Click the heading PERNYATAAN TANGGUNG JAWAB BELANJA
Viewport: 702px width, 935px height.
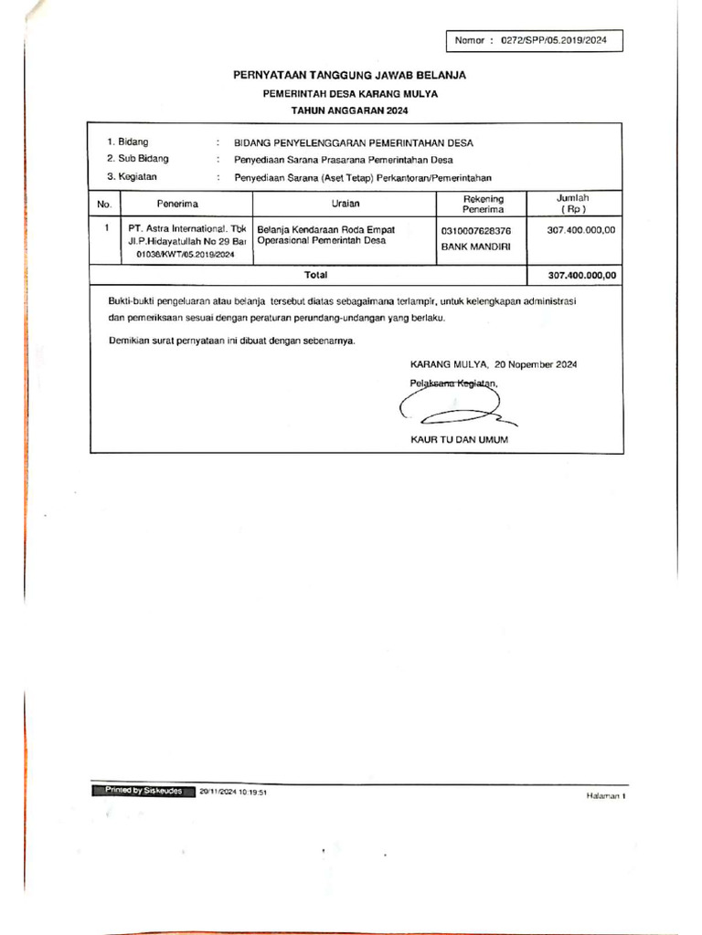(350, 75)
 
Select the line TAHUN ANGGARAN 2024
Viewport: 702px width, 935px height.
(350, 110)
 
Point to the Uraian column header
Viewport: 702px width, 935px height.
(346, 204)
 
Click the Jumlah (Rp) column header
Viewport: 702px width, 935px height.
(573, 203)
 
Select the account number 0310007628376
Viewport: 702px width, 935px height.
(476, 230)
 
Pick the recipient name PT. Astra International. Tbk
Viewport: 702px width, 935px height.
(187, 229)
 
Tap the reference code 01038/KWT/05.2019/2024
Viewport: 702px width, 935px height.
(185, 256)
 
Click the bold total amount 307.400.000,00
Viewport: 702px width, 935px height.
(582, 275)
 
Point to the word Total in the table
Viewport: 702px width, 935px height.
(315, 275)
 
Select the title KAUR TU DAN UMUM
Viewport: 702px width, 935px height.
(459, 439)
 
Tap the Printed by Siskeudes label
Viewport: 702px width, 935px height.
(139, 791)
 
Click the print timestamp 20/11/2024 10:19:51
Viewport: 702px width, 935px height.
(233, 792)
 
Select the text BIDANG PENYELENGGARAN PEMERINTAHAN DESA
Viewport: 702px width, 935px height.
(355, 142)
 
